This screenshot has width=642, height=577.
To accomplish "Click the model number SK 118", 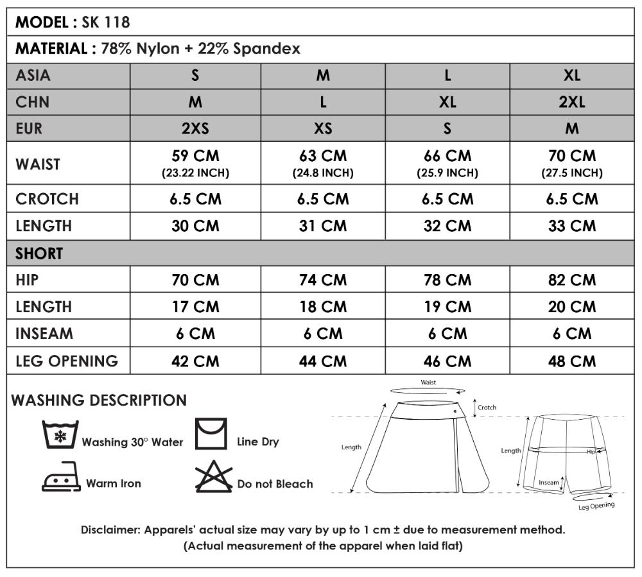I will point(106,22).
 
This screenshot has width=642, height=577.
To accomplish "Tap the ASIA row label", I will point(33,76).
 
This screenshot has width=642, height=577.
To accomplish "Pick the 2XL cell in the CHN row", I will point(572,102).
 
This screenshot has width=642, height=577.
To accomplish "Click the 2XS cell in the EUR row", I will point(195,128).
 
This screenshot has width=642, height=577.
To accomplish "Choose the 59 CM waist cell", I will point(195,163).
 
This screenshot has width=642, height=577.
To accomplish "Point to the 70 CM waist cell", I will point(572,163).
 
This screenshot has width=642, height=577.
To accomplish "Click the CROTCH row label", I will point(47,199).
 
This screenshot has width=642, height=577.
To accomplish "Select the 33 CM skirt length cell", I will point(572,226).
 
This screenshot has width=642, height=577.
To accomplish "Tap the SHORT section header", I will point(39,254).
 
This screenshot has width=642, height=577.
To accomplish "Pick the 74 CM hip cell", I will point(323,280).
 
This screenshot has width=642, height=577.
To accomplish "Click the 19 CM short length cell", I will point(447,307).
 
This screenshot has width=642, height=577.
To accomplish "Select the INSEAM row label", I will point(44,334).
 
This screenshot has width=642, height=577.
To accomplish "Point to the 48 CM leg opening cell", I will point(572,361).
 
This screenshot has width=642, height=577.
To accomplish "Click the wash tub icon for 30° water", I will point(60,435).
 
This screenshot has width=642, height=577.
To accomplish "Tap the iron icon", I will point(61,478).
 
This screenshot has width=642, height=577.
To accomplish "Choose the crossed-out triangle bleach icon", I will point(214,478).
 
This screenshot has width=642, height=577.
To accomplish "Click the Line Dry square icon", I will point(212,434).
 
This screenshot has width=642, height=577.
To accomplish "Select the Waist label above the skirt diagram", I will point(428,383).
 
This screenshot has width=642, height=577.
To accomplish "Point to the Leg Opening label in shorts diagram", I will point(596,506).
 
